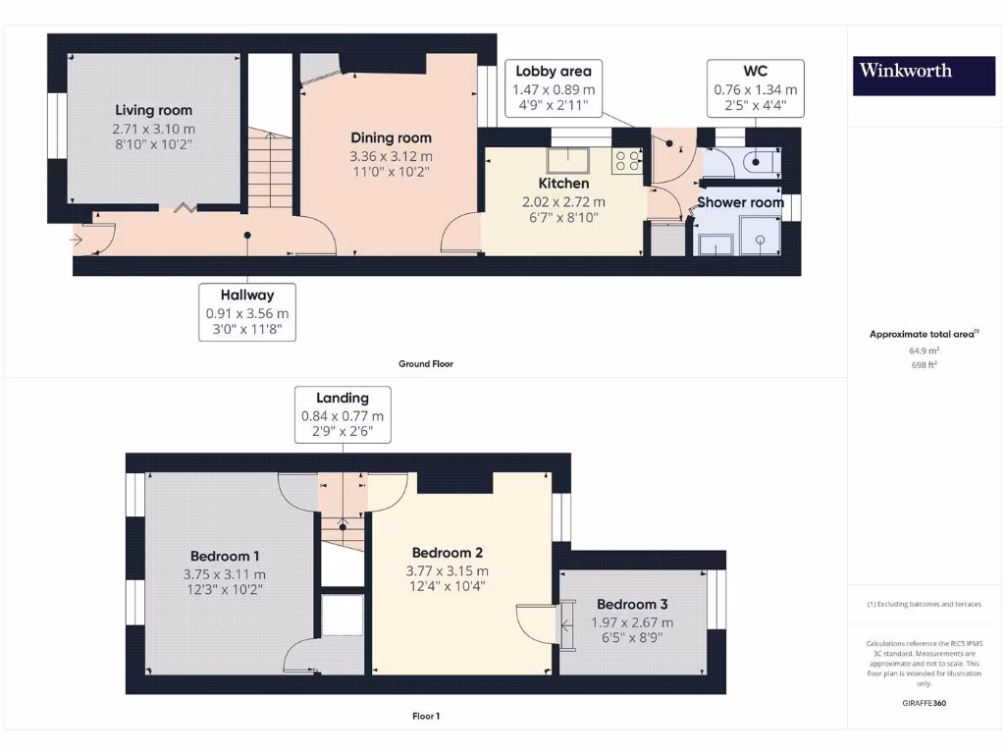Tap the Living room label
point(153,110)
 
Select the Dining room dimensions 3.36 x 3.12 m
point(391,156)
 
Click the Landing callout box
point(343,414)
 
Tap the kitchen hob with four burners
point(626,162)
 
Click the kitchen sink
point(568,161)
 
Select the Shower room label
point(740,202)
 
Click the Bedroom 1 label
point(225,557)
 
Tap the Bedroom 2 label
point(447,553)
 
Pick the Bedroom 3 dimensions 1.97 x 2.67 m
point(632,622)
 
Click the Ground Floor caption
point(425,363)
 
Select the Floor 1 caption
point(425,716)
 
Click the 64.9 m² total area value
point(924,350)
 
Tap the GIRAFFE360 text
point(924,703)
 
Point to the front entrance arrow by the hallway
point(78,238)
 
